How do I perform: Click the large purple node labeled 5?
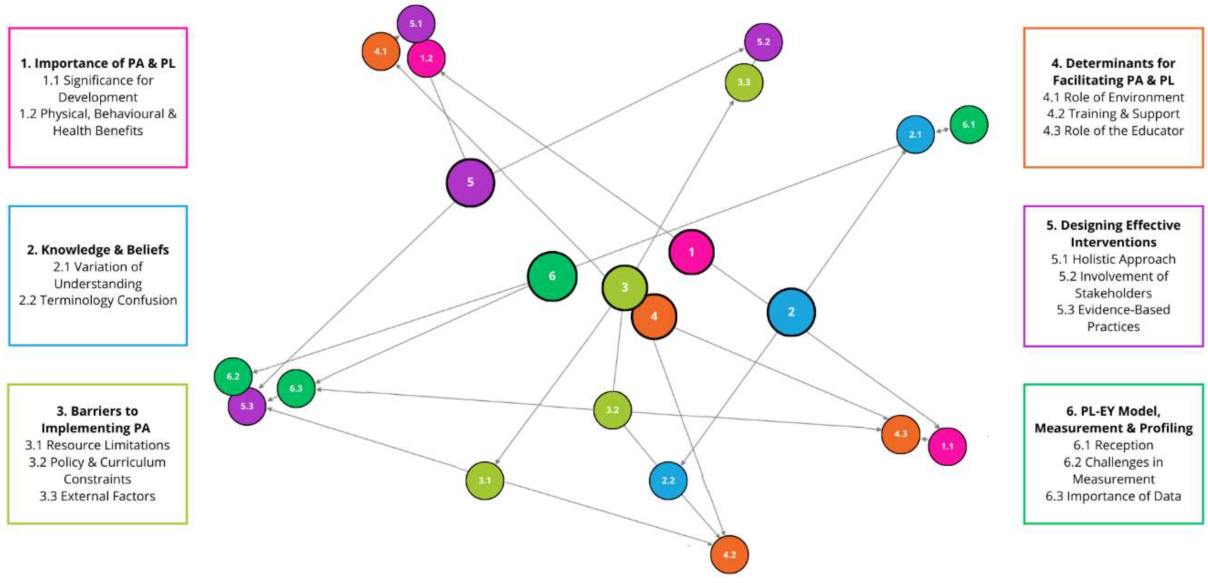coord(470,183)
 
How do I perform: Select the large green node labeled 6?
coord(552,276)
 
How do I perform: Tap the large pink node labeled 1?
coord(691,252)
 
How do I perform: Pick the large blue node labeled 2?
coord(791,312)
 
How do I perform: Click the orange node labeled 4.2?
coord(729,554)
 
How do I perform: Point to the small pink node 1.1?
coord(947,446)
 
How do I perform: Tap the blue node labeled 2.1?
coord(915,135)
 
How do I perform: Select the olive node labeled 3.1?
coord(484,480)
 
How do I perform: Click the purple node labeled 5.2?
coord(764,42)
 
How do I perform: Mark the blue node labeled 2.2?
coord(668,480)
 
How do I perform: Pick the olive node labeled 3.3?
coord(744,82)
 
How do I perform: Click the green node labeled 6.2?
coord(233,376)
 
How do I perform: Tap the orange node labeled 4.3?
coord(900,434)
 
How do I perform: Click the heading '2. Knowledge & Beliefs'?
coord(98,249)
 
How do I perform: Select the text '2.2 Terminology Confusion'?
coord(98,300)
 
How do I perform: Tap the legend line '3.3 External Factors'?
coord(98,496)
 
